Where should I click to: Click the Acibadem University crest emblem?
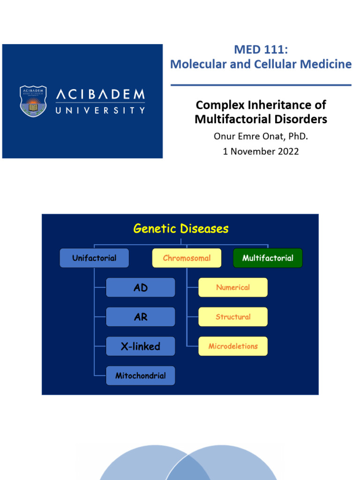click(x=33, y=101)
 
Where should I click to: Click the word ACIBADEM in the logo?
click(x=100, y=95)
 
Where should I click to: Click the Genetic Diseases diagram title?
click(x=181, y=229)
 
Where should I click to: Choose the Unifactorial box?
click(x=94, y=258)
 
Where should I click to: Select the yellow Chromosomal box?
click(x=187, y=258)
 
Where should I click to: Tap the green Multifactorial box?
click(x=268, y=258)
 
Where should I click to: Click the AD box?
click(x=141, y=287)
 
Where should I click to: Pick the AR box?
click(x=141, y=317)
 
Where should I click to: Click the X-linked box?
click(x=141, y=346)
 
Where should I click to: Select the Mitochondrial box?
click(x=141, y=375)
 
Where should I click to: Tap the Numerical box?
click(x=233, y=287)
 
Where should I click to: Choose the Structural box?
click(x=233, y=317)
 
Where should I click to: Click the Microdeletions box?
click(x=233, y=346)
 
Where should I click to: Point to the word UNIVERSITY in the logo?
click(x=100, y=111)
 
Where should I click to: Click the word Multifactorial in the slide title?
click(x=227, y=120)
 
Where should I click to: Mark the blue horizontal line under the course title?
click(x=261, y=85)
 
